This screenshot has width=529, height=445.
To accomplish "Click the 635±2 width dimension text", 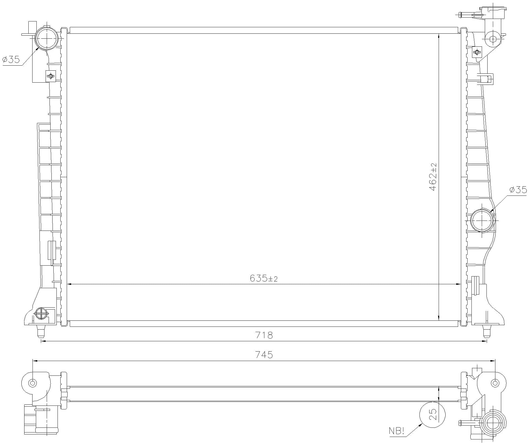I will click(x=264, y=278).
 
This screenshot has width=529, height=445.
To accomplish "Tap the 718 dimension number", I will click(x=264, y=335).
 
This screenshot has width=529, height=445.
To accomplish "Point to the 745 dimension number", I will click(x=264, y=355).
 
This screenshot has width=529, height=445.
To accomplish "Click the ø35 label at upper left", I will click(x=11, y=60).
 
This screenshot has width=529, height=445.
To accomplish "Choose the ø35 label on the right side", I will click(x=518, y=190).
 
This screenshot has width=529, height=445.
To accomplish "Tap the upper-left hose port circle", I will click(x=47, y=38).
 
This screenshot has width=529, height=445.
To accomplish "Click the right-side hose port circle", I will click(x=483, y=220).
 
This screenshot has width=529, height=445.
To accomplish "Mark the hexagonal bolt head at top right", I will click(x=493, y=39).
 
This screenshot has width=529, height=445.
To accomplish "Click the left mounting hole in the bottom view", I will click(x=33, y=383).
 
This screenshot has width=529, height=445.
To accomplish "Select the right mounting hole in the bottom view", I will click(x=495, y=383).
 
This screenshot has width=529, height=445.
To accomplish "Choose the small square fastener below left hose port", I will click(x=51, y=76).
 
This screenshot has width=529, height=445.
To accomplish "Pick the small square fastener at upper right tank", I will click(x=477, y=52).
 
